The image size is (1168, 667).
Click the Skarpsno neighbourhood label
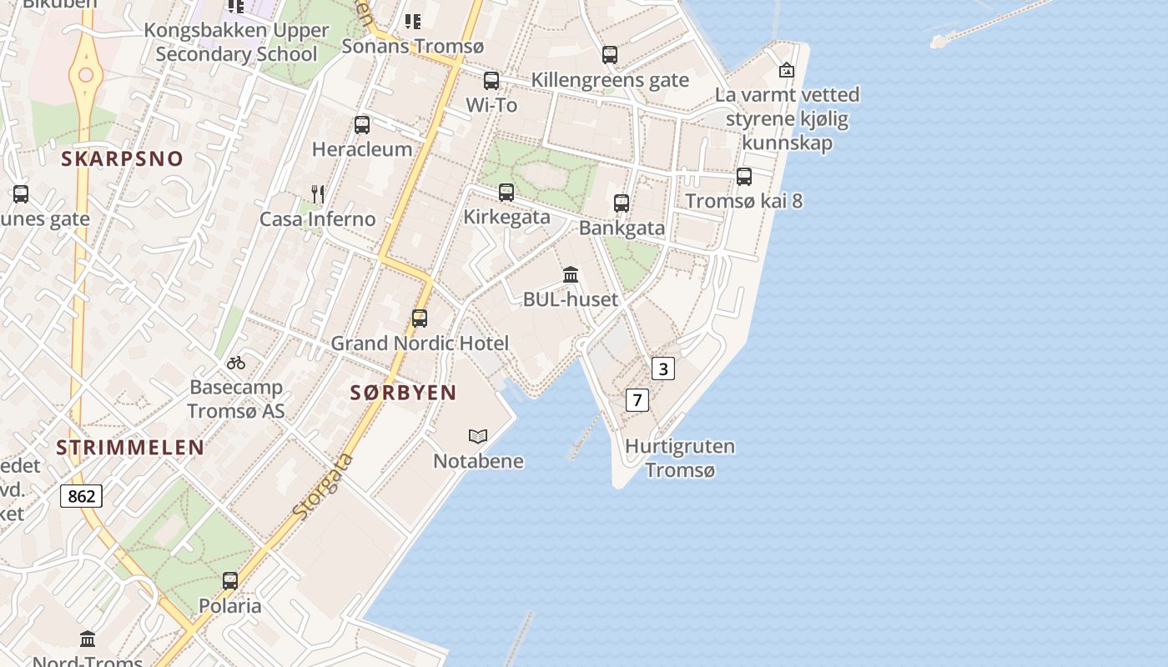(122, 159)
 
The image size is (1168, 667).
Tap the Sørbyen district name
(403, 393)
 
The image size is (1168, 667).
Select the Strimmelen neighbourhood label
(130, 448)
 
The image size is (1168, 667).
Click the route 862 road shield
(81, 496)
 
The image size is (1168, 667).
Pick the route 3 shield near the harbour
(662, 369)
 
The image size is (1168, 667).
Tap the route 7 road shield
(637, 400)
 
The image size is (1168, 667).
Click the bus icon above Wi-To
(491, 81)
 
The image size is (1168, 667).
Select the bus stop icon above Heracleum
(362, 125)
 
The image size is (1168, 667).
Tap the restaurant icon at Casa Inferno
(318, 194)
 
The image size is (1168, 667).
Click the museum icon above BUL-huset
(571, 274)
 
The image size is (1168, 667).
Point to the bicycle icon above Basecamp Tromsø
(236, 363)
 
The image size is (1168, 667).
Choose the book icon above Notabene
(478, 436)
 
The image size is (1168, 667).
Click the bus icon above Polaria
(230, 581)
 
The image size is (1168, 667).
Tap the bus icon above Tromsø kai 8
(744, 177)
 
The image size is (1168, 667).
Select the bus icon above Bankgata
(622, 203)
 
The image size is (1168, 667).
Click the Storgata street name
(325, 487)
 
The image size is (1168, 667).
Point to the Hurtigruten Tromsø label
(680, 458)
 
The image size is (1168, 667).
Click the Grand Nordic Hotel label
(420, 343)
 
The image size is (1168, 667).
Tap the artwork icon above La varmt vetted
(786, 71)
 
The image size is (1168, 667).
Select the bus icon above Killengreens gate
(611, 56)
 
